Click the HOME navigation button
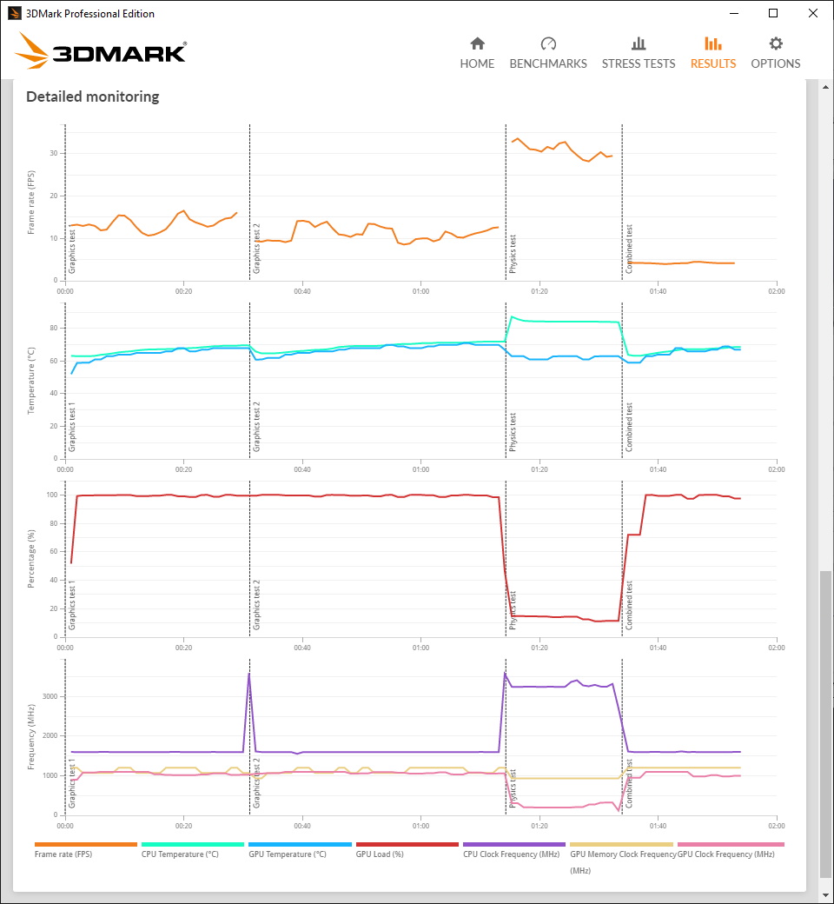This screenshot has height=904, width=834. (477, 53)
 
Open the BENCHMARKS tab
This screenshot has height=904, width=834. (548, 53)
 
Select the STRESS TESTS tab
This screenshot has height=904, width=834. (639, 53)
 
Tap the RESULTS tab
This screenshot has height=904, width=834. (713, 53)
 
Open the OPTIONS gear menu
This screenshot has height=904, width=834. (776, 53)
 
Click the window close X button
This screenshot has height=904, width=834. (812, 13)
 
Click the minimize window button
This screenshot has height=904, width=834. (734, 13)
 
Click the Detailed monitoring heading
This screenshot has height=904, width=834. (93, 96)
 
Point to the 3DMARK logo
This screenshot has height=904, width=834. (101, 50)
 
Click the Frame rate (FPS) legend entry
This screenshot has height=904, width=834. (63, 854)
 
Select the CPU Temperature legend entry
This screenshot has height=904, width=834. (180, 854)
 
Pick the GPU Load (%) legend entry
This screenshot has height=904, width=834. (380, 854)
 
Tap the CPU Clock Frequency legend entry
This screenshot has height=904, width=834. (511, 854)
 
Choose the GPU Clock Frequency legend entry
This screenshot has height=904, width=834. (725, 854)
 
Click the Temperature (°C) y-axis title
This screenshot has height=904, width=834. (31, 381)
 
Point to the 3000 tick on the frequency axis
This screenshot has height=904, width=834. (50, 696)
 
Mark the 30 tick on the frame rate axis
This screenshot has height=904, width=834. (54, 153)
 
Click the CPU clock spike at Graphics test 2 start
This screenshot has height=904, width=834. (249, 674)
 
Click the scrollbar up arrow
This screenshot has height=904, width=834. (826, 87)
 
